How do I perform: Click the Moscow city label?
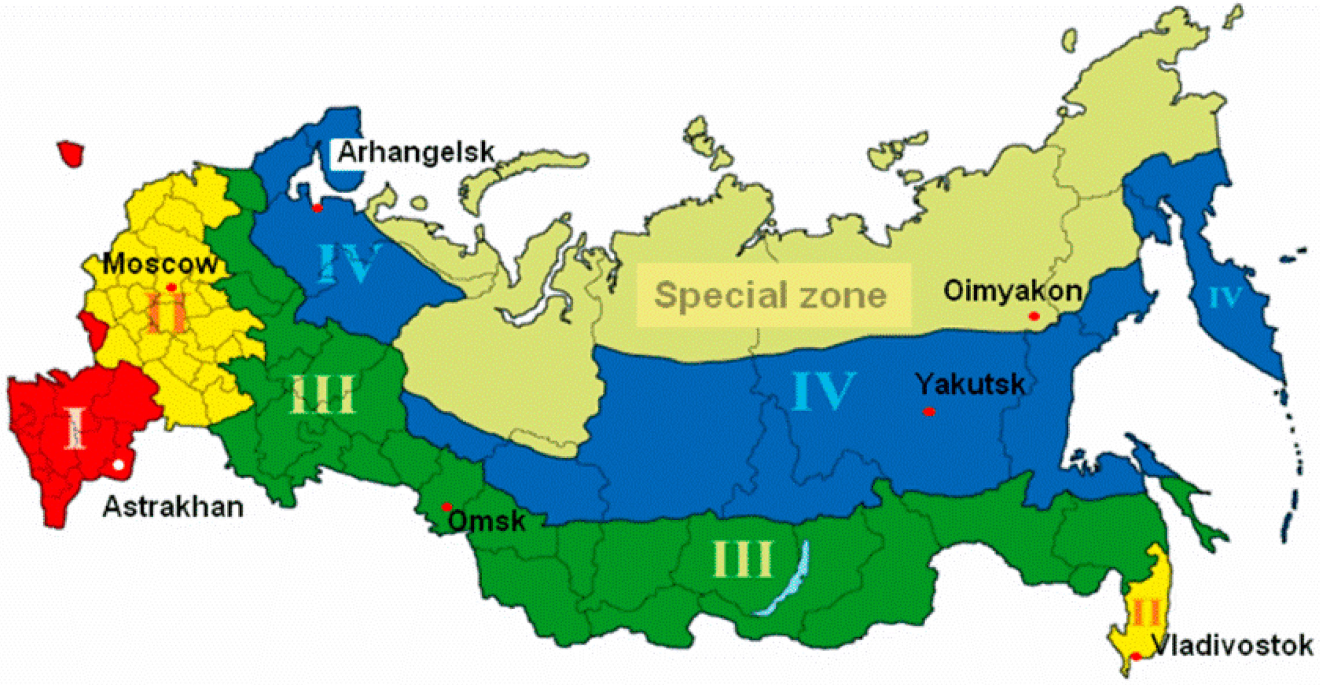(x=160, y=264)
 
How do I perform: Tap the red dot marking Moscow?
(x=171, y=287)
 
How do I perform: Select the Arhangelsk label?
(x=416, y=152)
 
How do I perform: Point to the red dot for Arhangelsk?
(x=317, y=208)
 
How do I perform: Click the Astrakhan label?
(x=173, y=507)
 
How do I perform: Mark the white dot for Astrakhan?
(x=118, y=465)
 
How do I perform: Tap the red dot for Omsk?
(x=447, y=507)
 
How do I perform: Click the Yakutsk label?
(x=971, y=384)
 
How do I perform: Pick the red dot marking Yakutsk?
(x=929, y=412)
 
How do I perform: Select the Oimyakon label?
(x=1012, y=291)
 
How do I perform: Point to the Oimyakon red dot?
(x=1034, y=316)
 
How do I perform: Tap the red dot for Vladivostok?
(x=1136, y=656)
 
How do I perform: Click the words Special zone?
(x=771, y=295)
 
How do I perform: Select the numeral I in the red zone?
(x=76, y=427)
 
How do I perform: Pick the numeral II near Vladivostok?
(x=1145, y=612)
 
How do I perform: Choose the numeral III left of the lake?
(x=742, y=559)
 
